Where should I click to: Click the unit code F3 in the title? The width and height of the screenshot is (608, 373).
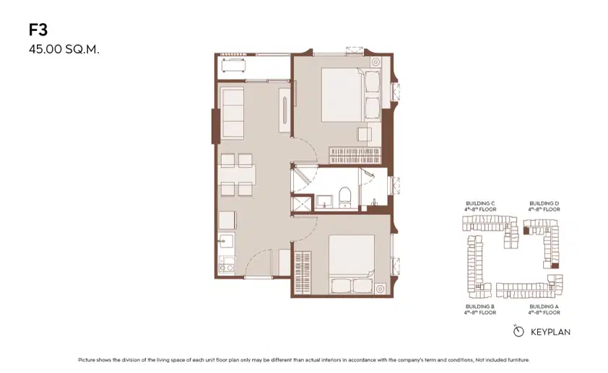pos(38,30)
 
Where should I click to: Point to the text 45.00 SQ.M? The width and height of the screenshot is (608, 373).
pos(64,50)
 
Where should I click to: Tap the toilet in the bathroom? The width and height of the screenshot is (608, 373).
pos(344,197)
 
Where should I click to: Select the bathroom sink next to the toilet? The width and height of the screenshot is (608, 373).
pos(324,201)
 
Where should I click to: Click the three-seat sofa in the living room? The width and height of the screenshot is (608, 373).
pos(232,113)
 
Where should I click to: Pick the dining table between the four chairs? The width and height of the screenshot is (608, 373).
pos(237,175)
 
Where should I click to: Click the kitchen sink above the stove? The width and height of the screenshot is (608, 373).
pos(225,240)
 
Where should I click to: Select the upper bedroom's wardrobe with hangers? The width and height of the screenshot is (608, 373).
pos(355,155)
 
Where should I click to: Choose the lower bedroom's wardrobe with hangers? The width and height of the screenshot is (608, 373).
pos(303,272)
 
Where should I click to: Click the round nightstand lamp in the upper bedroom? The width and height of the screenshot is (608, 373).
pos(375,62)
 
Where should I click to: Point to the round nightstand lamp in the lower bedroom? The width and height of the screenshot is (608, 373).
pos(380,289)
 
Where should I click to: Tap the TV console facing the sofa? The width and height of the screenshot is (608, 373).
pos(285,110)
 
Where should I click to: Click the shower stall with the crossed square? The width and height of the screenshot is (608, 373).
pos(302,203)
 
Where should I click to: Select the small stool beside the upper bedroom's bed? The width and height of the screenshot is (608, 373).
pos(365,134)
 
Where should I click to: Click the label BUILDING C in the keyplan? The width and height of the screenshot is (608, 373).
pos(480,203)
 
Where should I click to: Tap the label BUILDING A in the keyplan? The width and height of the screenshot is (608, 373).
pos(544,307)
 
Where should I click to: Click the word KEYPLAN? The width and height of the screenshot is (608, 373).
pos(550,332)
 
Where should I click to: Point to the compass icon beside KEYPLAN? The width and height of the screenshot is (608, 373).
pos(518,331)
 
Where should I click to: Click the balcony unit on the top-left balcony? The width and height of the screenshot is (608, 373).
pos(233,65)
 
